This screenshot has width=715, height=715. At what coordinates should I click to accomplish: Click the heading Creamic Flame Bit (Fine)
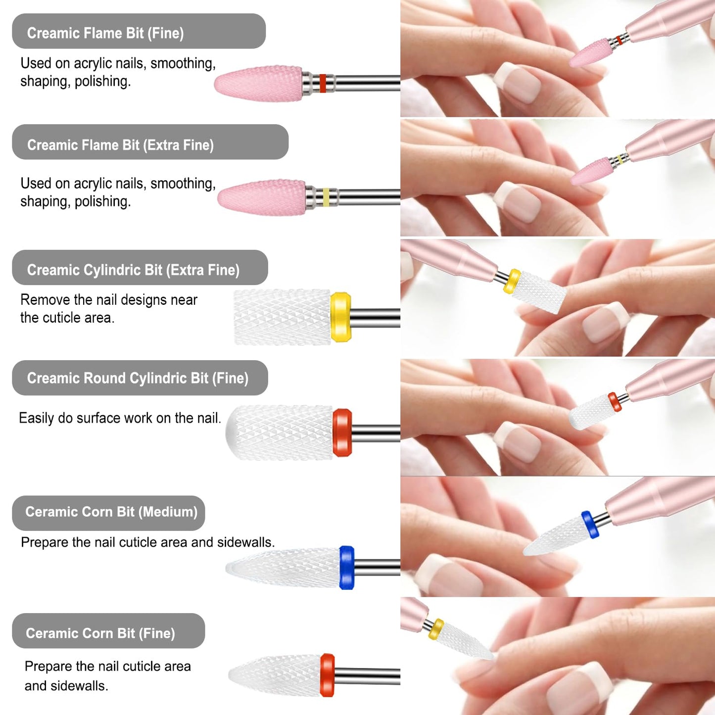[105, 33]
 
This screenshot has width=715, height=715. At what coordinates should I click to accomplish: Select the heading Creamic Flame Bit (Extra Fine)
[120, 145]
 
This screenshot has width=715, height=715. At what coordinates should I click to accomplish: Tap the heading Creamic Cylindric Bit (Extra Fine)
[133, 270]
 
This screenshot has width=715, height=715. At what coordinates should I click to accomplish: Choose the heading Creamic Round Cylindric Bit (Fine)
[138, 378]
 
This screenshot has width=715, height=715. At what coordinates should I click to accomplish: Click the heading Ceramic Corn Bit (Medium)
[111, 512]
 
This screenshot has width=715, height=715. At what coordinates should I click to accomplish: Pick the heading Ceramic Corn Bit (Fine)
[100, 633]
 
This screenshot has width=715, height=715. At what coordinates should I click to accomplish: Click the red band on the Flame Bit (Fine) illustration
[323, 83]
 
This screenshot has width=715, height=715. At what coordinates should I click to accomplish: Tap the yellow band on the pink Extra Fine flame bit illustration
[326, 197]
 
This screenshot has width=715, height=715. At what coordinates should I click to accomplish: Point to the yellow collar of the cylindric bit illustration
[340, 317]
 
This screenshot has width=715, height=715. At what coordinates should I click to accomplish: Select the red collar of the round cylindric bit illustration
[342, 432]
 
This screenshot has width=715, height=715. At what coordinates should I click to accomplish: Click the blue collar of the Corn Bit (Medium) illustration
[347, 567]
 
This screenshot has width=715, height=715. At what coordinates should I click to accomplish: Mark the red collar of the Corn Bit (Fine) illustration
[327, 675]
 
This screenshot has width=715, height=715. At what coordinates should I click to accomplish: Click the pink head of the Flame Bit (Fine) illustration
[259, 84]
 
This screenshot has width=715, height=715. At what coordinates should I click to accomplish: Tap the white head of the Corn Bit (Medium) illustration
[283, 568]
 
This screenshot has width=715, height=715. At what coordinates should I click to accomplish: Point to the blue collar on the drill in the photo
[590, 524]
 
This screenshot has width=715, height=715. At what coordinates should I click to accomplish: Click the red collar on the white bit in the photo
[614, 402]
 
